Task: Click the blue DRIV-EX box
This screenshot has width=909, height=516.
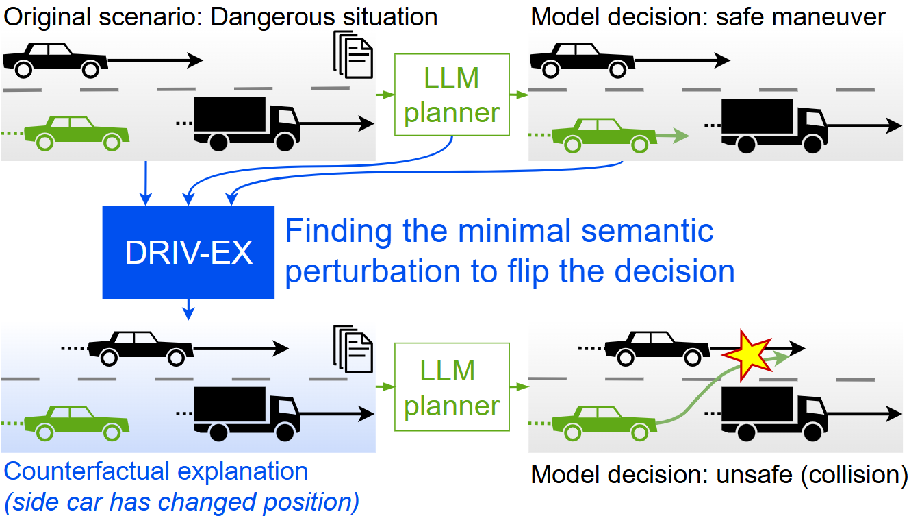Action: [x=188, y=252]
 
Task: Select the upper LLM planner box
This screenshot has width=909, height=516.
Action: [x=452, y=96]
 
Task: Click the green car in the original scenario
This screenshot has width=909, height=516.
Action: [x=76, y=133]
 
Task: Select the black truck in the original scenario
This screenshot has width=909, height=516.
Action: [x=246, y=122]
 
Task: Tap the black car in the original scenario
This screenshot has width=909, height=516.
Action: [x=55, y=60]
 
